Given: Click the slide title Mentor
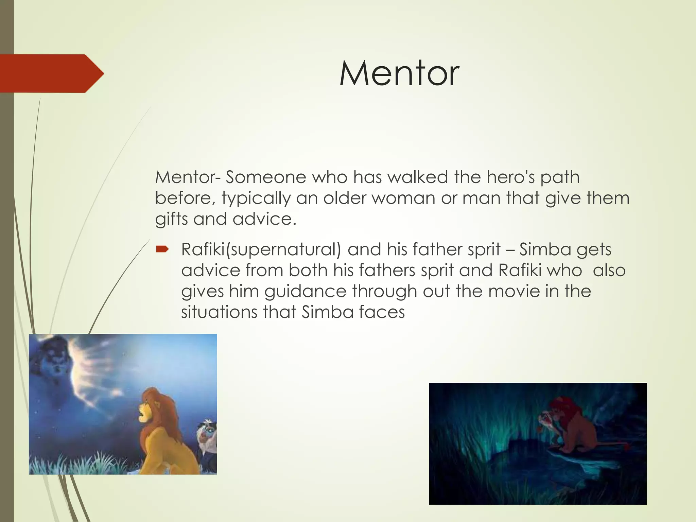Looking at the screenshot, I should [x=399, y=73].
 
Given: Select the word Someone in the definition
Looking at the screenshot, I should [x=266, y=177].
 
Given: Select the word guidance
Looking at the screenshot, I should [x=305, y=291].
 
